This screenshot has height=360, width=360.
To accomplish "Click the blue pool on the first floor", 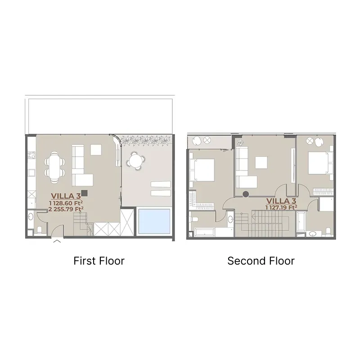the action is click(154, 221).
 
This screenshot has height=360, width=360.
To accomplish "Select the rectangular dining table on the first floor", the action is click(54, 167).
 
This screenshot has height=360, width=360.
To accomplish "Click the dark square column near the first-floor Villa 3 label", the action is click(85, 193).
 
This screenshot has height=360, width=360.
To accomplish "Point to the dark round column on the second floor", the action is click(246, 194).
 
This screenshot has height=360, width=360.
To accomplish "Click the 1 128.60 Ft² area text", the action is click(66, 203).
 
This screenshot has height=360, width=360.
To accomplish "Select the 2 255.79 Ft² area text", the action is click(66, 209).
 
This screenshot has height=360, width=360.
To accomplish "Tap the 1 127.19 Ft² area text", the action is click(281, 207).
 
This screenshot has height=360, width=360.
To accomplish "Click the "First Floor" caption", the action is click(99, 261).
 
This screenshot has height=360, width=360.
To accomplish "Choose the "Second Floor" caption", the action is click(261, 261).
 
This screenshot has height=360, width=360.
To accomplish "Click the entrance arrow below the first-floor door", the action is click(57, 241).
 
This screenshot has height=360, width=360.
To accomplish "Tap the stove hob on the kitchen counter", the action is click(31, 155).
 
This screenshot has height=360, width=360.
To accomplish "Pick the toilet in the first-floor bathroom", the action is click(39, 230).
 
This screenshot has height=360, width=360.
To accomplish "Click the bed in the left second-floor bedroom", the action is click(202, 170).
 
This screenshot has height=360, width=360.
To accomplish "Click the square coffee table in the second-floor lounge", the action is click(261, 162).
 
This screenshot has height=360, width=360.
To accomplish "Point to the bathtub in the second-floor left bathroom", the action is click(205, 232).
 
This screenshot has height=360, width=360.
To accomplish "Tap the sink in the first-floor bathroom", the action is click(31, 216).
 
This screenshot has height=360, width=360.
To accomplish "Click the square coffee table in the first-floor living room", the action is click(96, 150).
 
